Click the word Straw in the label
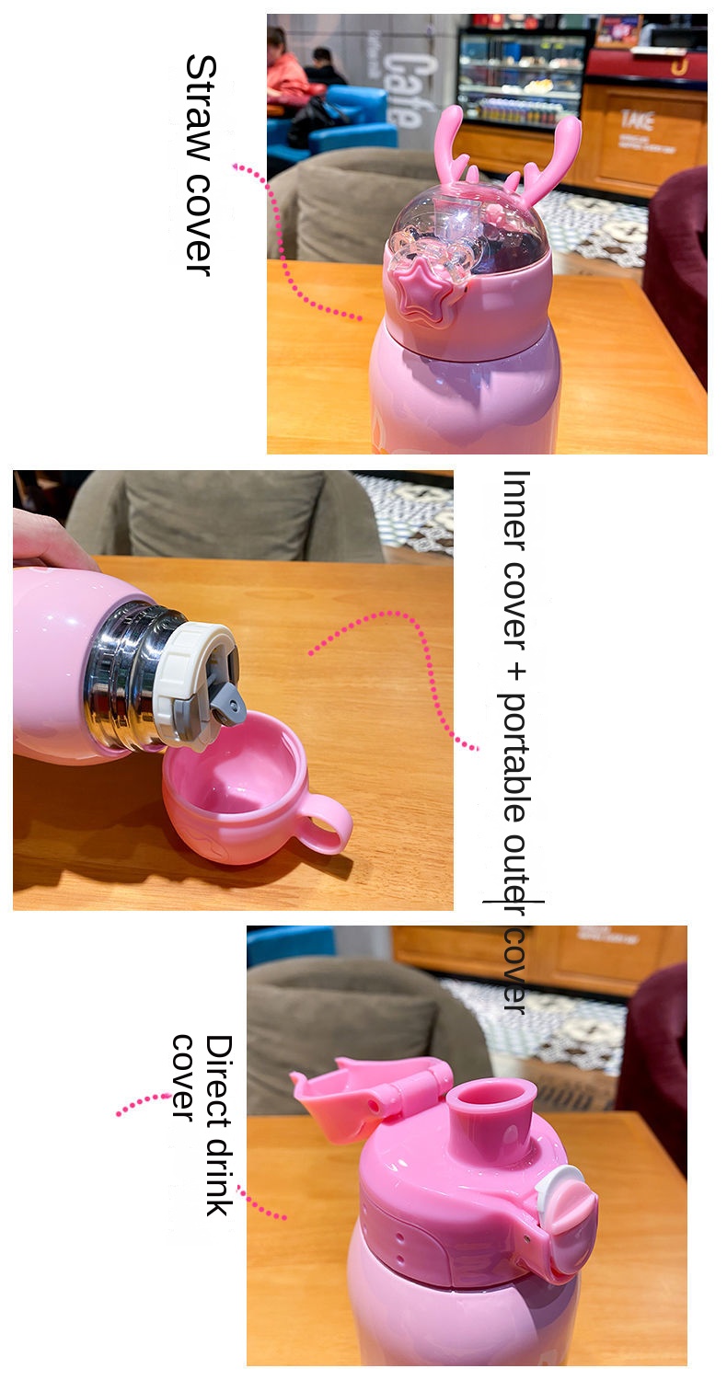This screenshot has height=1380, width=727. (201, 111)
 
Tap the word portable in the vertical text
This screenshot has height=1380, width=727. (515, 758)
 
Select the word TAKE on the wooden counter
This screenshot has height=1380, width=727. (637, 121)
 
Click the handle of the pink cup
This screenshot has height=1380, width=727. (328, 822)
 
